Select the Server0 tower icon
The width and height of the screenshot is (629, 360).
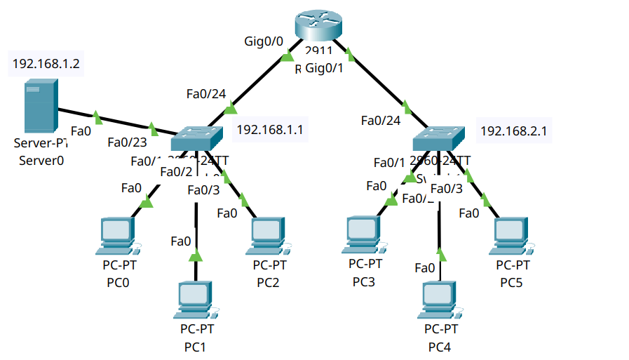coord(39,106)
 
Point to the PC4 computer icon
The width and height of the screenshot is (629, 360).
coord(441,300)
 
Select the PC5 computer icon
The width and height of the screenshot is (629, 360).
coord(512,236)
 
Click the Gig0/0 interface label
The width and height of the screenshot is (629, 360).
coord(264,41)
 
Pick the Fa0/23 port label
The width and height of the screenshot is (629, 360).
coord(126,142)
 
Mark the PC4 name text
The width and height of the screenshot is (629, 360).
coord(440,347)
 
